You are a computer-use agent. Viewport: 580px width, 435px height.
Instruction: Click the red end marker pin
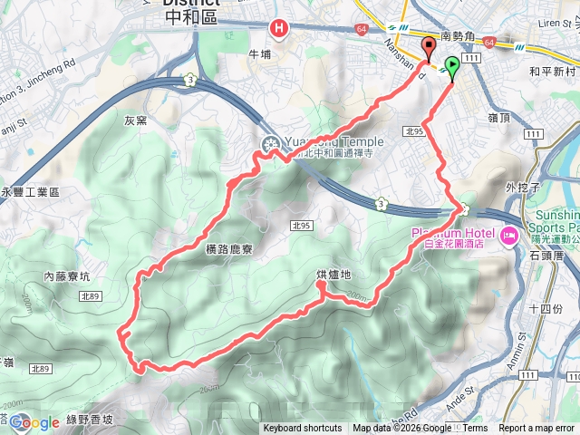430,47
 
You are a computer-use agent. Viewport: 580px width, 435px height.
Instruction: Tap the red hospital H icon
279,28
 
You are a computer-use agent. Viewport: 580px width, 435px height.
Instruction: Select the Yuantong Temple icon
270,143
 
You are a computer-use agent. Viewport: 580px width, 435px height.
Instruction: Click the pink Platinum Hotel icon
507,237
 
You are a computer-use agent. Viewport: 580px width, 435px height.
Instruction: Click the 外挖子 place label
524,188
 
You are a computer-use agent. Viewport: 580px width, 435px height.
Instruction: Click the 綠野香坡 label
89,420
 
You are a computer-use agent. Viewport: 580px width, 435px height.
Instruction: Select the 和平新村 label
552,71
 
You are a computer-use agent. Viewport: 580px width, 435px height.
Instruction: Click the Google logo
34,422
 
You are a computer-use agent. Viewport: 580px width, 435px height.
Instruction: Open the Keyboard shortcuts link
302,429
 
